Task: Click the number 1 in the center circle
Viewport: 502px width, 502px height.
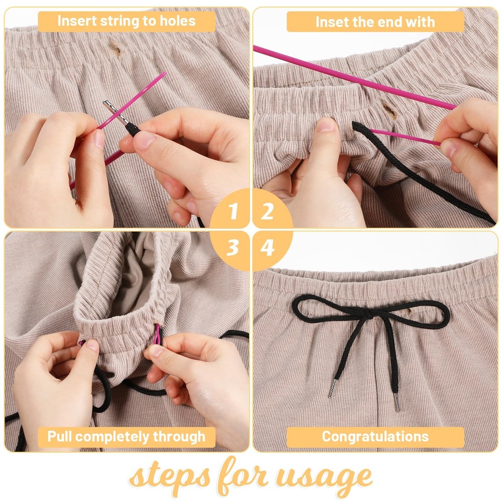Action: click(x=233, y=212)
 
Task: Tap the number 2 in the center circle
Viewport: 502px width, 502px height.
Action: click(x=268, y=212)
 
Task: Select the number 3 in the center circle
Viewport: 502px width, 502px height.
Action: click(x=232, y=247)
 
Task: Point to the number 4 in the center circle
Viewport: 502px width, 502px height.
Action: click(x=268, y=247)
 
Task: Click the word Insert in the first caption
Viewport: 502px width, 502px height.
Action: click(x=75, y=21)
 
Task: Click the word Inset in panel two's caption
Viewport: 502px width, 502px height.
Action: click(x=331, y=22)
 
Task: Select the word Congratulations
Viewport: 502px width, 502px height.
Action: click(x=375, y=436)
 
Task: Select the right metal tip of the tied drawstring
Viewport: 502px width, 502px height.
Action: click(x=397, y=403)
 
